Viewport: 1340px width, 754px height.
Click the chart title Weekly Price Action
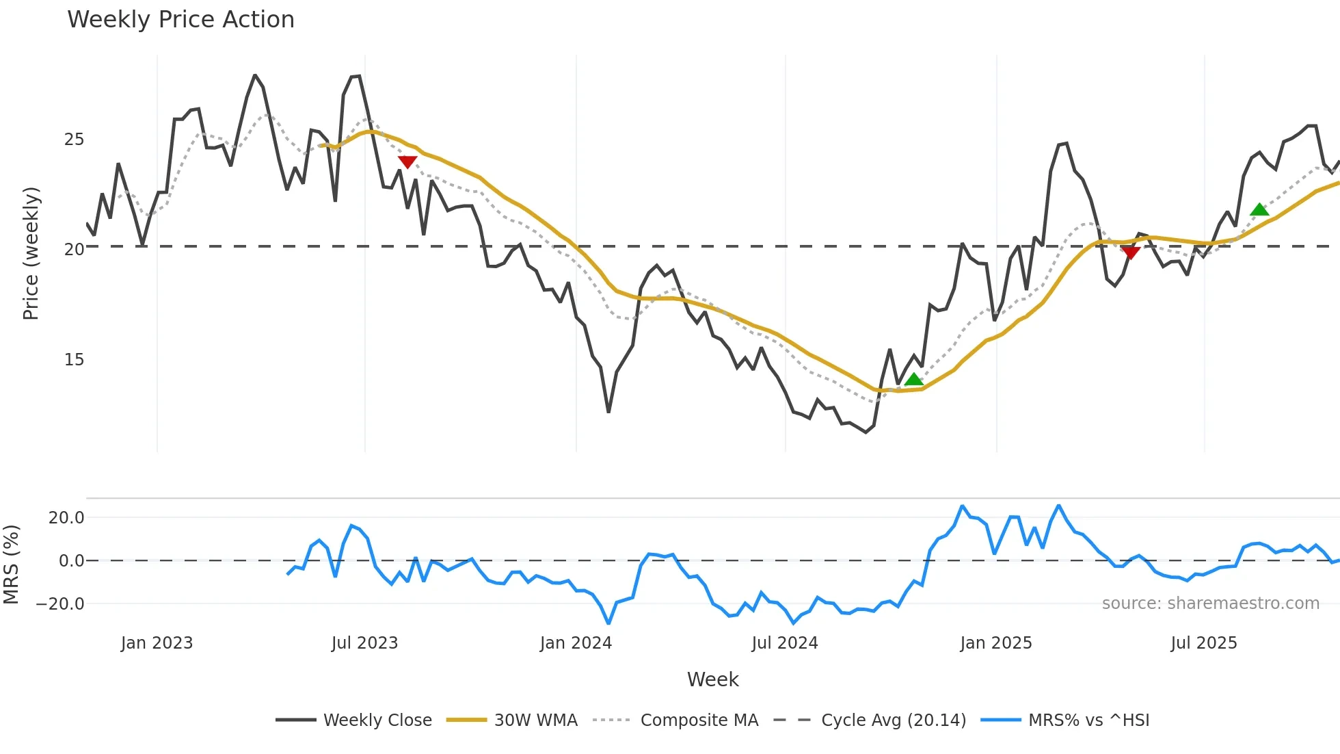(180, 20)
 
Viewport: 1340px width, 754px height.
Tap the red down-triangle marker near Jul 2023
(407, 161)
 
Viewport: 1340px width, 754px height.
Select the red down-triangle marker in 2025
(1131, 252)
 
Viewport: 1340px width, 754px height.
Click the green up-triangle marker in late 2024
(913, 380)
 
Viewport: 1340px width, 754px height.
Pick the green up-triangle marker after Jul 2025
(1259, 209)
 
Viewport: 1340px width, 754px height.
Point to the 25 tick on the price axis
(74, 140)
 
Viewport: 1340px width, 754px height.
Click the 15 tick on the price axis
(74, 360)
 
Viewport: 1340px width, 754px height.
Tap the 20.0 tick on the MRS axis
(66, 518)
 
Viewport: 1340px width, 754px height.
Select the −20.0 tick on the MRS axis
(61, 604)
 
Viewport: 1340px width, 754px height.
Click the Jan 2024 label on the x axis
(576, 643)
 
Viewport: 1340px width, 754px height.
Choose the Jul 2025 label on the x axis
(1204, 643)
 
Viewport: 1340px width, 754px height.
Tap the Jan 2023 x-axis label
(157, 643)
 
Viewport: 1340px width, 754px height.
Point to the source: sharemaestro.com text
(1210, 603)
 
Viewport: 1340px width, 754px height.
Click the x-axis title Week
(712, 679)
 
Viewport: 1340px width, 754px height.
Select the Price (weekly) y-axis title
(31, 253)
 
